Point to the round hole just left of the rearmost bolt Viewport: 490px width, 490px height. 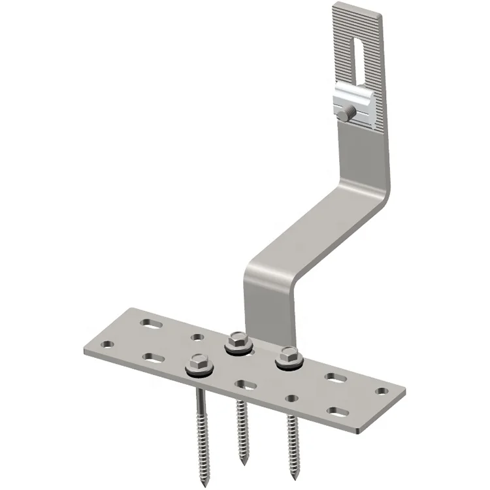198,338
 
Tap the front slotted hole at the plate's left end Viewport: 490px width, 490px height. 151,357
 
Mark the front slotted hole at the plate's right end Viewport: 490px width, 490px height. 338,411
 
